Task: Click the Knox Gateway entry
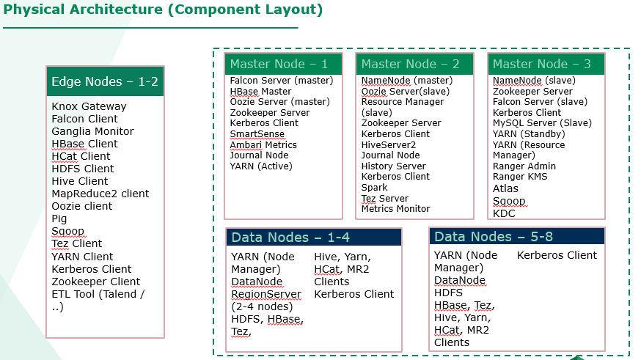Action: [89, 106]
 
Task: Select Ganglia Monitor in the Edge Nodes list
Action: [92, 131]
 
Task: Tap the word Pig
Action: [59, 219]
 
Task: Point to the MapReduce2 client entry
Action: [100, 194]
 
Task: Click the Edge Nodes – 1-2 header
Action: [105, 81]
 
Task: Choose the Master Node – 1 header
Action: [283, 64]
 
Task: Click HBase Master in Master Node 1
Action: [260, 92]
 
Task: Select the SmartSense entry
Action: [257, 134]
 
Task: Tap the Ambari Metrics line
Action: [263, 144]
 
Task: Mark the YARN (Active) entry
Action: [261, 166]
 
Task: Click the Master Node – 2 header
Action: [414, 64]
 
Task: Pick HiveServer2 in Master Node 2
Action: [389, 144]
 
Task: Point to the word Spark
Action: [374, 188]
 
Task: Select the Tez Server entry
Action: [385, 199]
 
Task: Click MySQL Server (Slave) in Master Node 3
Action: [542, 123]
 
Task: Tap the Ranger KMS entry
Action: [519, 177]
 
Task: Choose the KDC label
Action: [504, 213]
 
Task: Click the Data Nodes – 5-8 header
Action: [517, 237]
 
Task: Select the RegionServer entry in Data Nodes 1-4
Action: [266, 294]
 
